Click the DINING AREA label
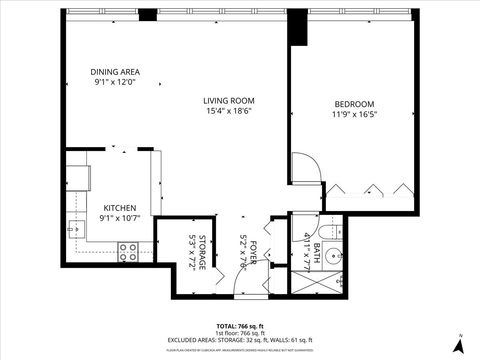coord(115,72)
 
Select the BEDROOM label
coord(354,104)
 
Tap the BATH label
coord(316,248)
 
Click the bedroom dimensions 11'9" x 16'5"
coord(354,115)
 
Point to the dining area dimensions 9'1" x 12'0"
coord(115,83)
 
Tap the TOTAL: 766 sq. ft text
coord(240,326)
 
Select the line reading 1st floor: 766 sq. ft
coord(240,334)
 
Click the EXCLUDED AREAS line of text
coord(240,341)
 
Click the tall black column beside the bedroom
coord(296,28)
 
